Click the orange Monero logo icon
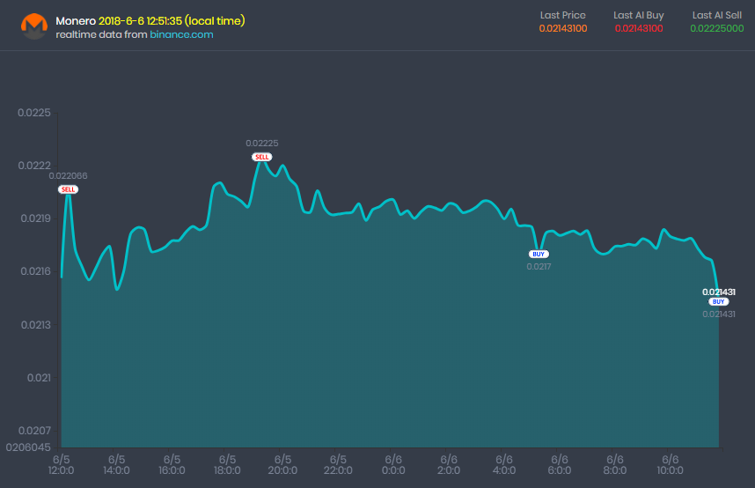click(33, 26)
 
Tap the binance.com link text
click(181, 34)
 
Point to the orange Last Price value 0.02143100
click(563, 28)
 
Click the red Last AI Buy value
click(639, 28)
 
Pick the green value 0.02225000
click(716, 28)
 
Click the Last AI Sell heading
click(716, 15)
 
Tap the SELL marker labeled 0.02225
click(262, 157)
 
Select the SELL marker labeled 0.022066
click(68, 189)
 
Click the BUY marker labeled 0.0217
click(539, 254)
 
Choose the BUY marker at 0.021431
click(719, 301)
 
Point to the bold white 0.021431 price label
click(719, 292)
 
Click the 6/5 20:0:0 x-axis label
click(282, 465)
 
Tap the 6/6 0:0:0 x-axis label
click(393, 465)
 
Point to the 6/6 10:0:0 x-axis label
click(670, 465)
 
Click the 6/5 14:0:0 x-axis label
click(116, 465)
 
